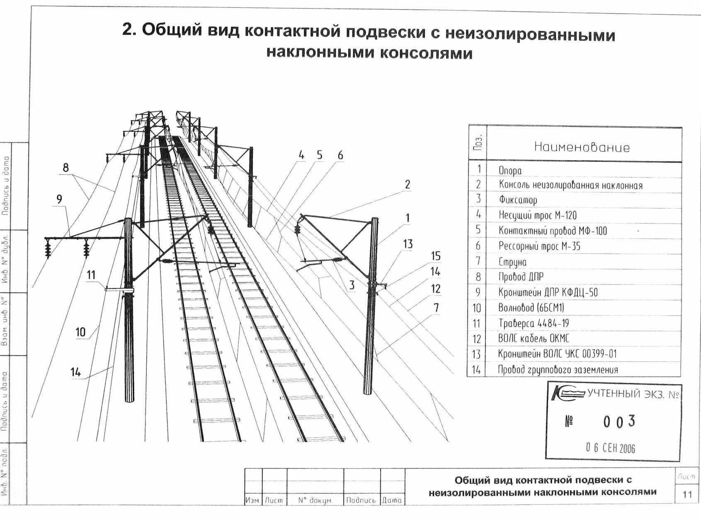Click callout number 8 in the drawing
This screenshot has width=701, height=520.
(65, 168)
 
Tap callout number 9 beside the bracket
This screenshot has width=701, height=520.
(60, 199)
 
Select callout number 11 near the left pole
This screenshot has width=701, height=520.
(91, 275)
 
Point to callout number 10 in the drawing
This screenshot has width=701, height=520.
(80, 332)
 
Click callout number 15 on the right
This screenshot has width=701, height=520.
(435, 256)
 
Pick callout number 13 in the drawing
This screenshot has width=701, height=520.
(408, 244)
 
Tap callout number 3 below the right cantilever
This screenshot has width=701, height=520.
(352, 285)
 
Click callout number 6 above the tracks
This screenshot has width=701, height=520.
(340, 155)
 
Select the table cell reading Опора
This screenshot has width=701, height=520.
(510, 170)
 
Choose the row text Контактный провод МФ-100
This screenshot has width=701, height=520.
(553, 231)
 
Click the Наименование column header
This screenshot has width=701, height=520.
(582, 147)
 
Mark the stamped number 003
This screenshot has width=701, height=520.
(619, 421)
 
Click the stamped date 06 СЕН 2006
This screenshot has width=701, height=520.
(610, 448)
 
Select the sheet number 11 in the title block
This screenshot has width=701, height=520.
(687, 494)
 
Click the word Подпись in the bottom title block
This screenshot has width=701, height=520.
(361, 500)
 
